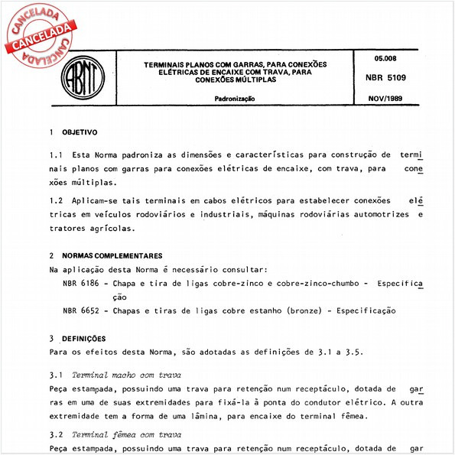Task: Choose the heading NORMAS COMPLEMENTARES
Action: point(112,255)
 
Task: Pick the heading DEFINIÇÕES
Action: point(83,338)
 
